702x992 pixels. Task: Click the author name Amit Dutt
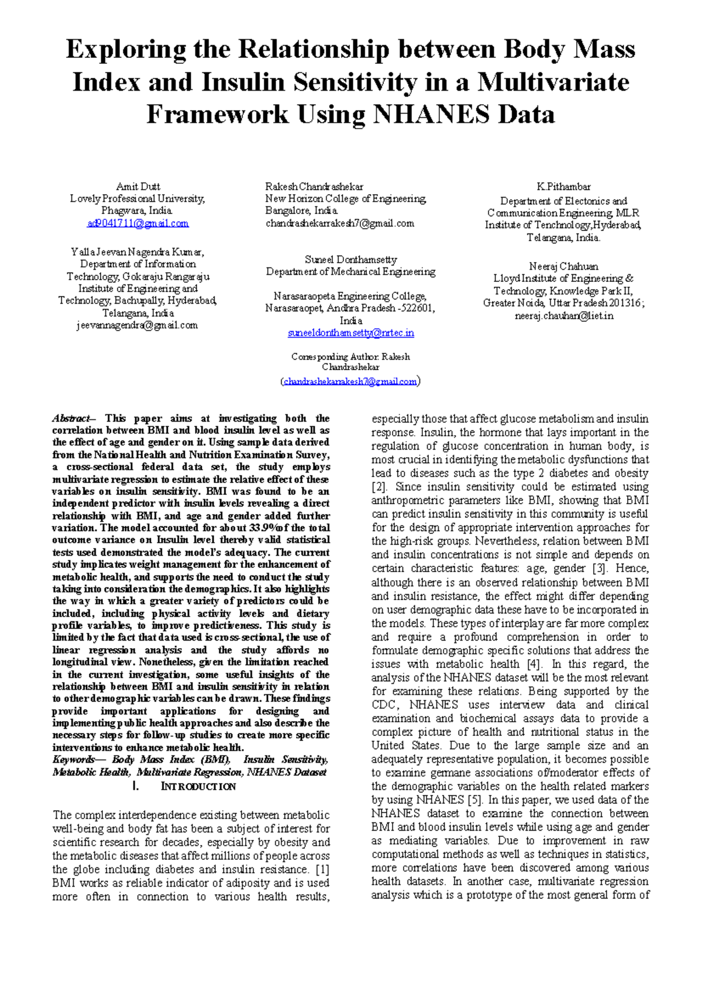(x=138, y=187)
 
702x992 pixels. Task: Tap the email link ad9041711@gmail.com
(x=138, y=223)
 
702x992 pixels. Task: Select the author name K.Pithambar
(x=563, y=187)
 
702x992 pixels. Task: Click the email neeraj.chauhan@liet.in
(x=564, y=316)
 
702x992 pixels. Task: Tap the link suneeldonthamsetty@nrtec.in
(x=351, y=333)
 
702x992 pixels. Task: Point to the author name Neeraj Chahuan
(x=563, y=266)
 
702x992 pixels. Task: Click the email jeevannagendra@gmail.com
(x=137, y=325)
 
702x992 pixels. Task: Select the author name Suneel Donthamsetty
(x=351, y=259)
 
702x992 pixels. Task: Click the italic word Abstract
(x=71, y=418)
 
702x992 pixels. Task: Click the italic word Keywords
(x=73, y=760)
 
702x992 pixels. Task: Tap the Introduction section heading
(x=198, y=787)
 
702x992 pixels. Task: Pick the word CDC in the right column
(x=384, y=705)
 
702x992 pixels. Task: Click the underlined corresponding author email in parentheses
(x=350, y=381)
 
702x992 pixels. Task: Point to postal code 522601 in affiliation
(x=415, y=308)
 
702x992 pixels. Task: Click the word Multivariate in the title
(x=553, y=82)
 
